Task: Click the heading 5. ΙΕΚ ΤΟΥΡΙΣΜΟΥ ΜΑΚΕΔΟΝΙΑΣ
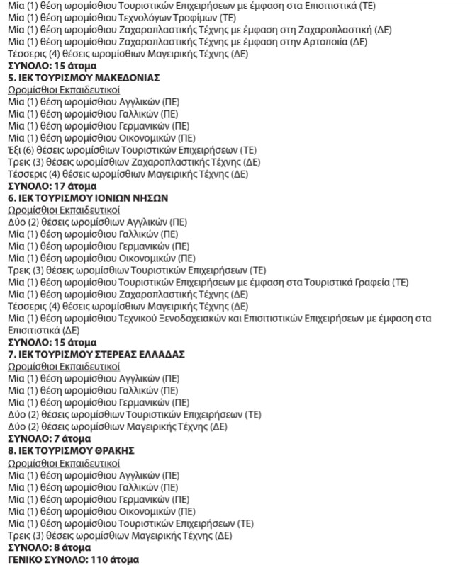point(83,77)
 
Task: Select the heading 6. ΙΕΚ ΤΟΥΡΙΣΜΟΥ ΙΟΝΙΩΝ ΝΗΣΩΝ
point(87,198)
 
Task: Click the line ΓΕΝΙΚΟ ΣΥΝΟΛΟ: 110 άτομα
point(73,559)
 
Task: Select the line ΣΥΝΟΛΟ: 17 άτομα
point(52,186)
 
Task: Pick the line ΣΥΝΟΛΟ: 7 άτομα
point(49,438)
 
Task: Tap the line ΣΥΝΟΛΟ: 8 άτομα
point(49,547)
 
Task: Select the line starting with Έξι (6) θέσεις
point(132,150)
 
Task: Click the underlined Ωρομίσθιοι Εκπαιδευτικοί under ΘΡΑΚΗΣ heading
point(64,462)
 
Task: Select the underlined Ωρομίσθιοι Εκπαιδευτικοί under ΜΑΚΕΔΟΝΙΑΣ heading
point(64,90)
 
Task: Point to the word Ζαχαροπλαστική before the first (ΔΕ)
point(341,29)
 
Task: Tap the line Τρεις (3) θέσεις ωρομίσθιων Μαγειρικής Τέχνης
point(120,535)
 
